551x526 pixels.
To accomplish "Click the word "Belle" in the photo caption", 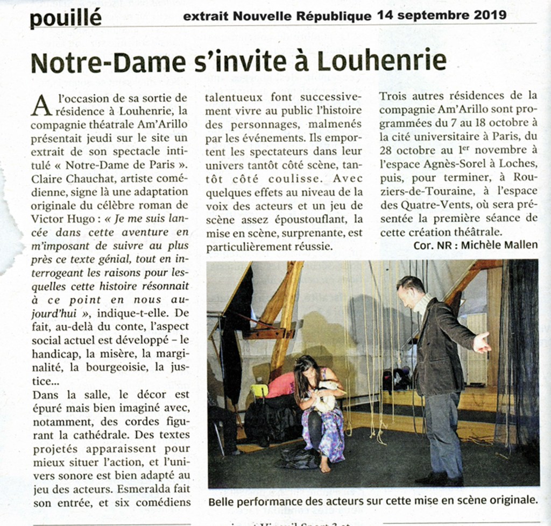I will click(x=221, y=500).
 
